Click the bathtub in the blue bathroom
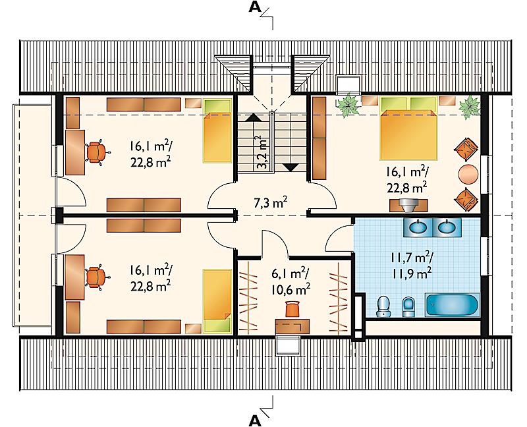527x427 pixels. click(451, 304)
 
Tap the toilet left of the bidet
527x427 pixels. click(383, 306)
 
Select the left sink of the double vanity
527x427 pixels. click(418, 227)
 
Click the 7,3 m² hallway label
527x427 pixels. click(270, 202)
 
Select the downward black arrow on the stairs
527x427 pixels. click(290, 167)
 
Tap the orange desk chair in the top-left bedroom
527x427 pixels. click(97, 152)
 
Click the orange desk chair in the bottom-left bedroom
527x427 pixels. click(97, 277)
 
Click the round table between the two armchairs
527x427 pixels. click(468, 174)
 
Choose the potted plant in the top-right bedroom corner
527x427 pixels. click(469, 106)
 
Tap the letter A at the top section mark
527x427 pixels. click(255, 8)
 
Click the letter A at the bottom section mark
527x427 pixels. click(255, 420)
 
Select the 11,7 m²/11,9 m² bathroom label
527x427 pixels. click(411, 266)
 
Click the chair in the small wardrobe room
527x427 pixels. click(292, 309)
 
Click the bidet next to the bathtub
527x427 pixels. click(408, 306)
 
